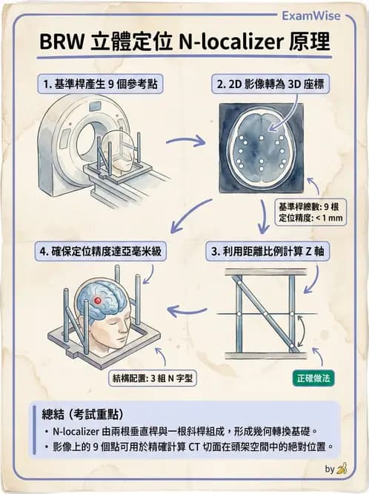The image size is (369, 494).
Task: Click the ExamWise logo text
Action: tap(311, 16)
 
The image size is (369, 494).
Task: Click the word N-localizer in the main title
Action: tap(230, 41)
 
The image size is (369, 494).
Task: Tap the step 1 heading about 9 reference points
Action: tap(100, 84)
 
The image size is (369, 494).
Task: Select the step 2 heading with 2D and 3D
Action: tap(270, 84)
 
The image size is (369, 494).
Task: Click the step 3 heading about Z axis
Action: tap(267, 251)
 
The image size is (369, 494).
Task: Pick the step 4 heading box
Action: tap(101, 251)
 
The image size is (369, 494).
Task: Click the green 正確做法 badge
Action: tap(313, 378)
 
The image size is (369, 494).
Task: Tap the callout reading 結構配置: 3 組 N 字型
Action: tap(153, 378)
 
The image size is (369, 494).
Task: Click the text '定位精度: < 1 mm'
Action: tap(310, 218)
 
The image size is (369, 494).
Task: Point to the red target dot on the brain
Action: tap(98, 301)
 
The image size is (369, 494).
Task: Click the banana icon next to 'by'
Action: tap(342, 469)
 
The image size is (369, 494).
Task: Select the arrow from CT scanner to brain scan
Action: tap(185, 141)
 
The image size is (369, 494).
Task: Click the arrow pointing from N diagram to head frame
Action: tap(187, 311)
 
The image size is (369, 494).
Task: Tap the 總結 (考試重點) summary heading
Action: tap(82, 414)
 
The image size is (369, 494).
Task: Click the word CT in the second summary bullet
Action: tap(194, 447)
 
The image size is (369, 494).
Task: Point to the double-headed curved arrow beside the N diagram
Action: tap(302, 331)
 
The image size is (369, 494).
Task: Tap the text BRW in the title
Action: tap(61, 42)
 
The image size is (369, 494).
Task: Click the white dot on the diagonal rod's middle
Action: tap(266, 314)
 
